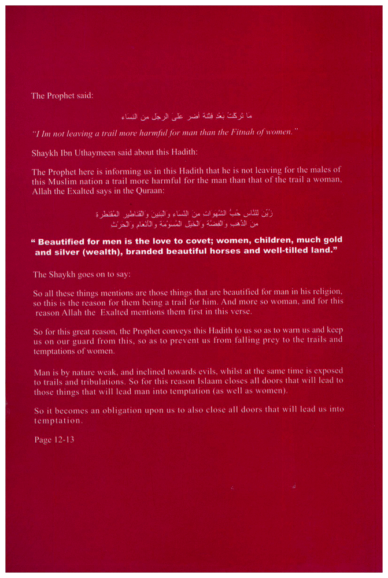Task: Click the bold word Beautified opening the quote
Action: (x=64, y=240)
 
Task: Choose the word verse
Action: (x=236, y=312)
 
